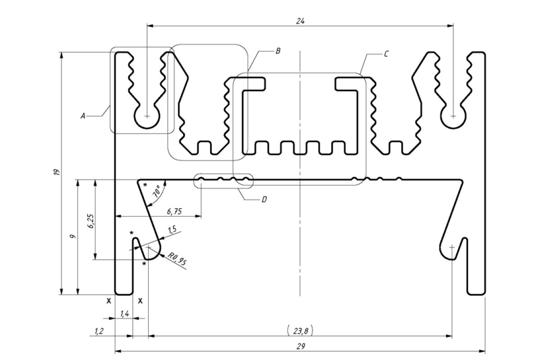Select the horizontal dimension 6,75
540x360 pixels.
(x=175, y=211)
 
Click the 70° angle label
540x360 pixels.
(x=156, y=192)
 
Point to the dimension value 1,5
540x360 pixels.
(x=171, y=230)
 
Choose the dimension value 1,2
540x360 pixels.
(x=99, y=331)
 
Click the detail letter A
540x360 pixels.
(x=83, y=116)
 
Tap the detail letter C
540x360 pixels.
(x=386, y=54)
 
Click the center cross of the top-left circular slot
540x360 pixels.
(x=148, y=116)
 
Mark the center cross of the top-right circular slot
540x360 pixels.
(x=453, y=116)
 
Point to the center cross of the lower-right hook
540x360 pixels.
(x=451, y=247)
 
